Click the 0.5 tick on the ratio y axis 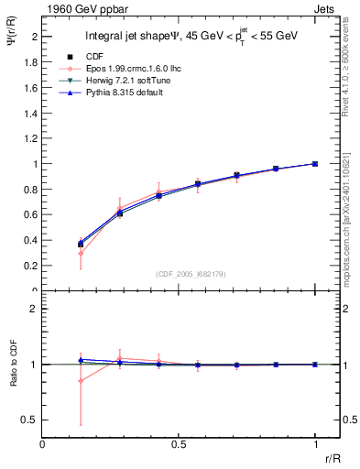pos(28,420)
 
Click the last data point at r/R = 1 pos(315,164)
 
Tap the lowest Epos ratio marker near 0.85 pos(81,380)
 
